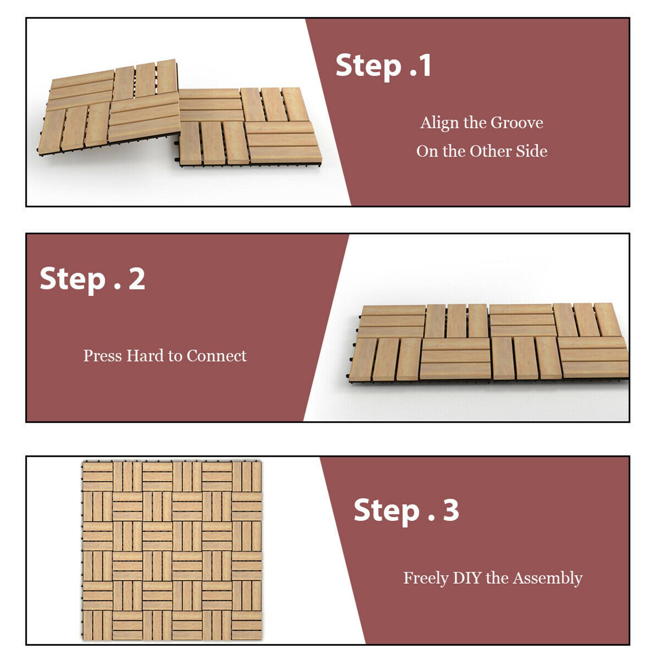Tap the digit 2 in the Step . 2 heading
137,279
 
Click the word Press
103,356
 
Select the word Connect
216,356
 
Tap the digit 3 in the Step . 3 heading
450,510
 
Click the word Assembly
547,578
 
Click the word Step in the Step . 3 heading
386,511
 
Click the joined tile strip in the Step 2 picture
488,342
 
